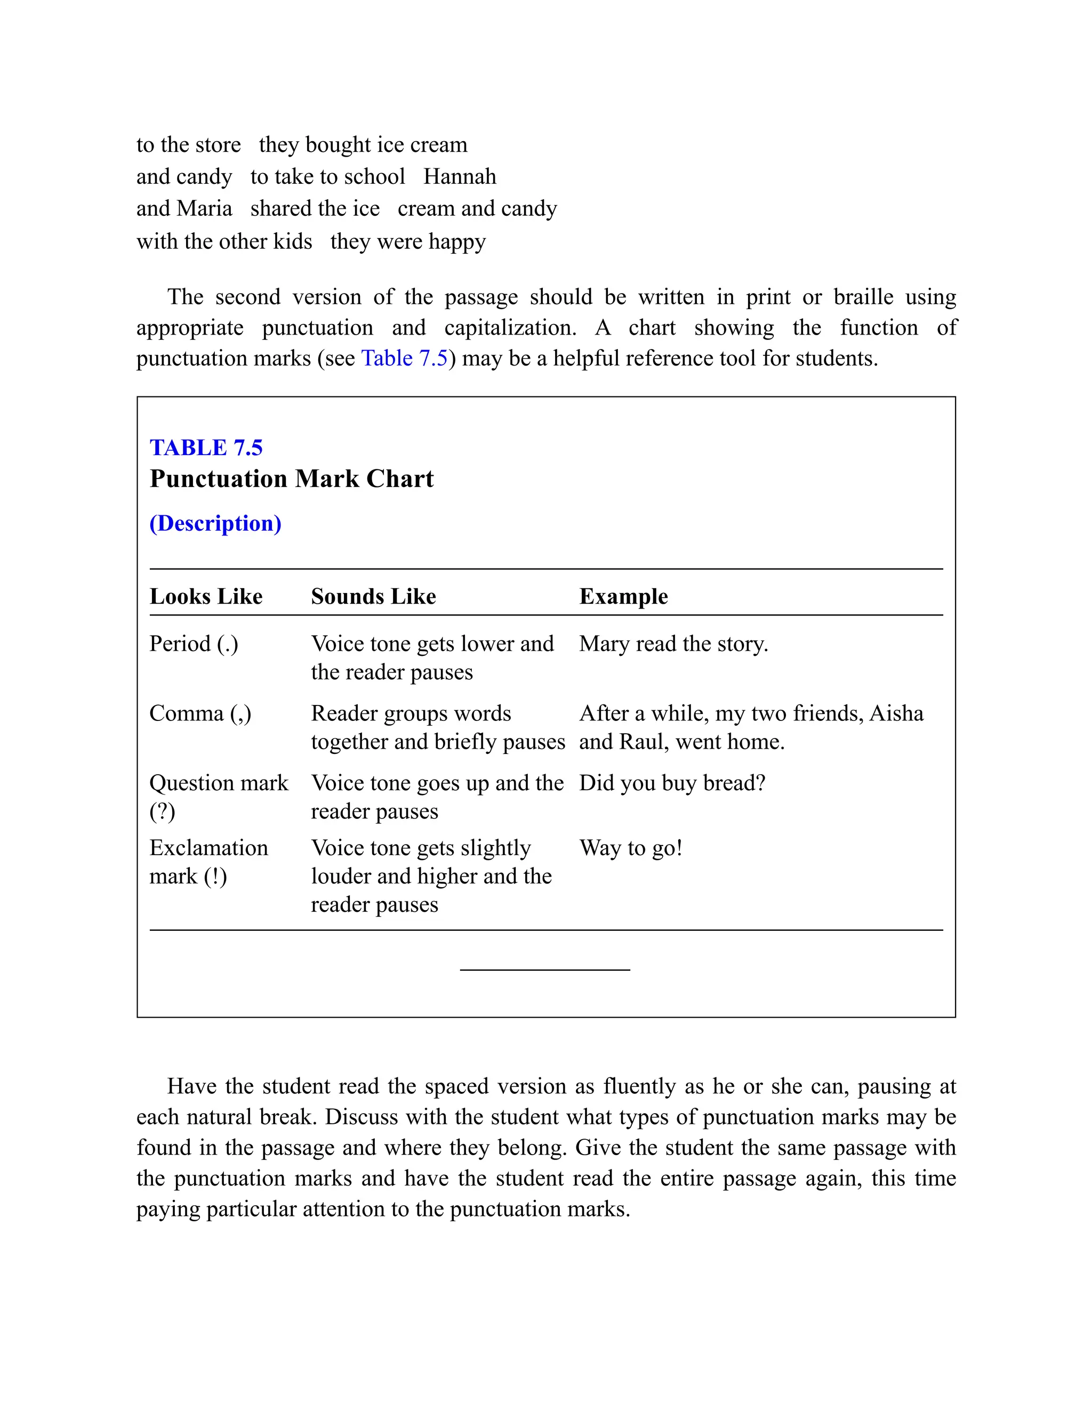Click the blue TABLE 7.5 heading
[206, 448]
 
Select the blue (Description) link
[215, 523]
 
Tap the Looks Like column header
[206, 596]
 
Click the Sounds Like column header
[373, 596]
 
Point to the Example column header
[623, 596]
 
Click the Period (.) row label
[194, 644]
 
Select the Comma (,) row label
[200, 713]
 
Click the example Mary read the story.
[673, 644]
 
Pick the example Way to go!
[631, 848]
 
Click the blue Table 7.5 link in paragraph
[404, 358]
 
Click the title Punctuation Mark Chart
[291, 479]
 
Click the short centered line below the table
[545, 970]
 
